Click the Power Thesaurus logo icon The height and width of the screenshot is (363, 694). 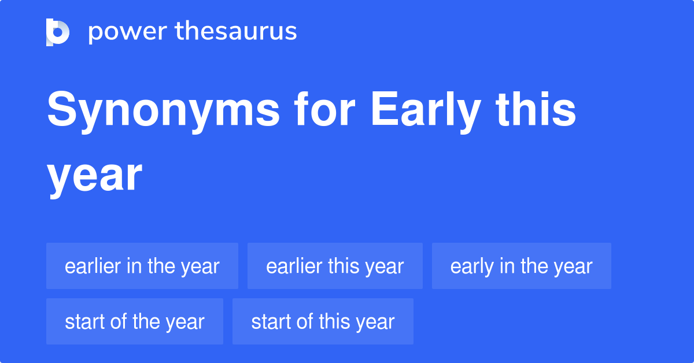click(58, 32)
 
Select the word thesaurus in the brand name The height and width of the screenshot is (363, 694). click(236, 32)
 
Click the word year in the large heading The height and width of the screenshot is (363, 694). click(94, 176)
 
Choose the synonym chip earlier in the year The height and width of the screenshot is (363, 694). click(142, 266)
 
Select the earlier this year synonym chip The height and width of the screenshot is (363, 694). click(335, 266)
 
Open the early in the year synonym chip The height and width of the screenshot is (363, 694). click(521, 266)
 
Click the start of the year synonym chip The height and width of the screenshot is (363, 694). click(135, 321)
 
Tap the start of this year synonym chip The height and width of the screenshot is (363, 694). click(323, 321)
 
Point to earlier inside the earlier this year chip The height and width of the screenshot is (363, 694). click(294, 266)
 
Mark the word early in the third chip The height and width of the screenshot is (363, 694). click(471, 266)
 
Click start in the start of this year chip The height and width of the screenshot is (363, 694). click(272, 321)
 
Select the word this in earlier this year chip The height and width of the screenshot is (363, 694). click(343, 266)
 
